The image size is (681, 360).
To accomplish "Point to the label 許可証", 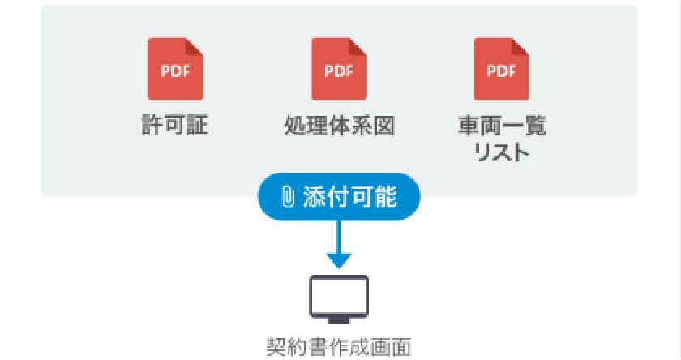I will tap(175, 126).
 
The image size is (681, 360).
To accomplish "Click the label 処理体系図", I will tap(339, 126).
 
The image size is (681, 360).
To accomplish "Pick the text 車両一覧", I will tap(502, 126).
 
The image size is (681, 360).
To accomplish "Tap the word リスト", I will tap(502, 152).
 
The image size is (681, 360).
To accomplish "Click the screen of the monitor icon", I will tap(340, 294).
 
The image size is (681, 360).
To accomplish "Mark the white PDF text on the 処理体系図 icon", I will tap(339, 70).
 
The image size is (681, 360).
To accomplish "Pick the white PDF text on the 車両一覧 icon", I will tap(502, 70).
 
